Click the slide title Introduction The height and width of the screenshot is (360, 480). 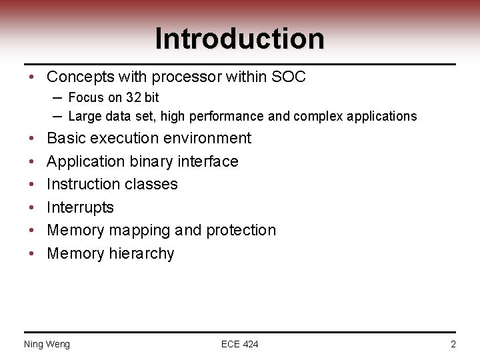[239, 39]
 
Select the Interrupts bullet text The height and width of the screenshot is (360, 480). [80, 207]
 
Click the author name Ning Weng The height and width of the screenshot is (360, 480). [47, 344]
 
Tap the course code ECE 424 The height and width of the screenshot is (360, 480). [239, 344]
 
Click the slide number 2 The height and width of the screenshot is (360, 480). [453, 344]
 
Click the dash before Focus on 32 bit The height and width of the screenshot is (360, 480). [57, 97]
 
